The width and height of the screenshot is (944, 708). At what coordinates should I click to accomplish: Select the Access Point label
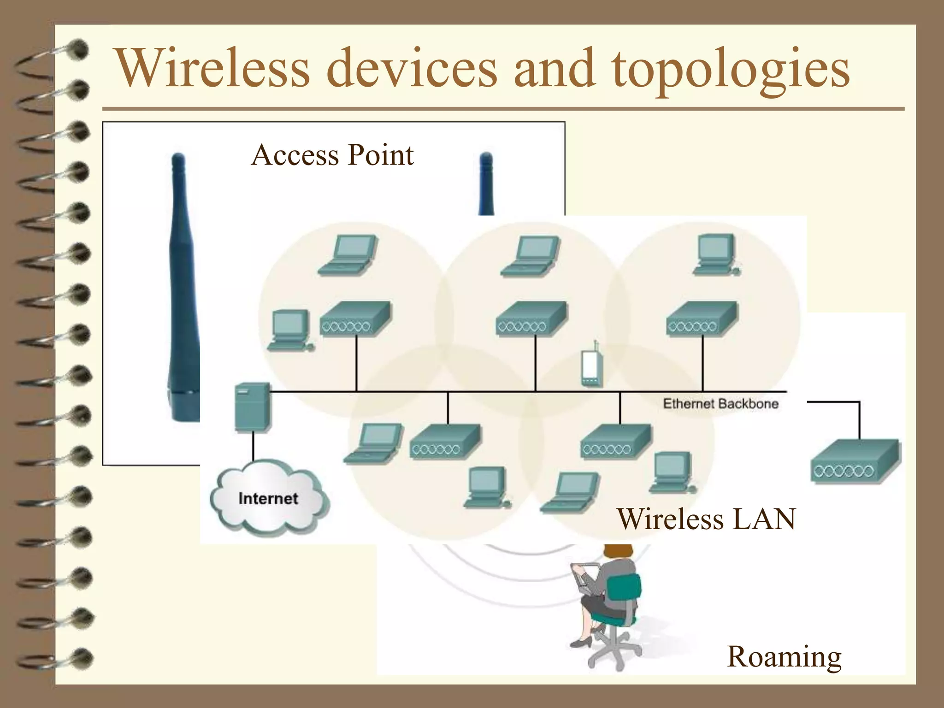pyautogui.click(x=332, y=155)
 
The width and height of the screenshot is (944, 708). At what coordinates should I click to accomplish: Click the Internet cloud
pyautogui.click(x=269, y=499)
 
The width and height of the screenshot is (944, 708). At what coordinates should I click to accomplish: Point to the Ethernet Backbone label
pyautogui.click(x=720, y=404)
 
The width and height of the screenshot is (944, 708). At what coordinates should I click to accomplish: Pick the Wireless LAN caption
pyautogui.click(x=706, y=519)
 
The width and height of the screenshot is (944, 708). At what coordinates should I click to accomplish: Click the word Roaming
pyautogui.click(x=784, y=656)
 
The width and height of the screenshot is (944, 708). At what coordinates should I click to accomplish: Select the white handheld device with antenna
pyautogui.click(x=591, y=366)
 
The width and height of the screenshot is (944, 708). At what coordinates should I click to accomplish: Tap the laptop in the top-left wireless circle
pyautogui.click(x=348, y=256)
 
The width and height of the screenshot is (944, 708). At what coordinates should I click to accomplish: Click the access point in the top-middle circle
pyautogui.click(x=531, y=319)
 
